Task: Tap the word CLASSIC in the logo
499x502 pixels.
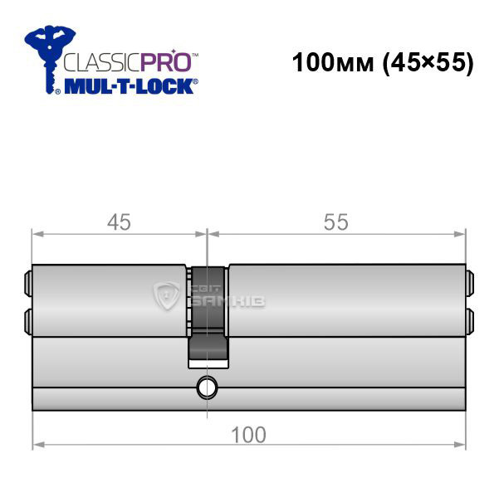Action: (102, 62)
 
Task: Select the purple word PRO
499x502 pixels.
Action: (166, 61)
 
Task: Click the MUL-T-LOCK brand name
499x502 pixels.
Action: (129, 86)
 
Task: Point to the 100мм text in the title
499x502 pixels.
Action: (333, 62)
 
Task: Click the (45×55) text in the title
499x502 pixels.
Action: (428, 63)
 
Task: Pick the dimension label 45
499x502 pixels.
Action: (119, 222)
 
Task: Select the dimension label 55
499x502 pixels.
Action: (335, 222)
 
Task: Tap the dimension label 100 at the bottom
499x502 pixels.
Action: (248, 435)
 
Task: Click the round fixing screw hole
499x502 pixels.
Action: (207, 388)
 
